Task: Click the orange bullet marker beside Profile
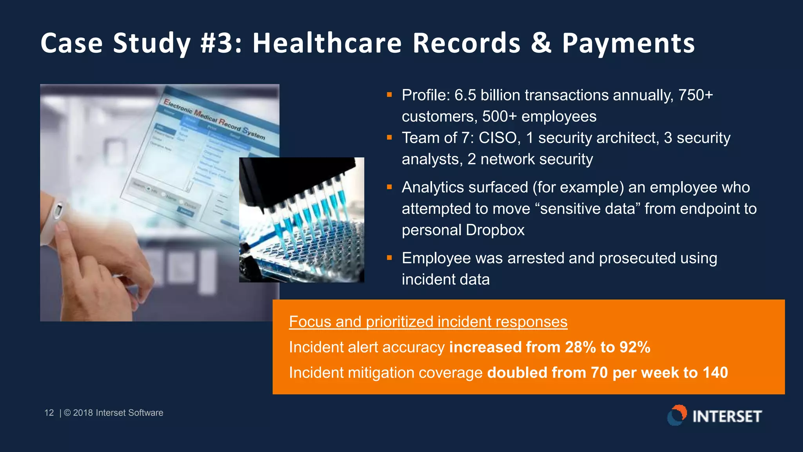389,95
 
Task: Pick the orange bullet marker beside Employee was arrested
389,258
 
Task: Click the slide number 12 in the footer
49,413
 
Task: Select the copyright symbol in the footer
67,413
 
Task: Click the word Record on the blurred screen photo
229,124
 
